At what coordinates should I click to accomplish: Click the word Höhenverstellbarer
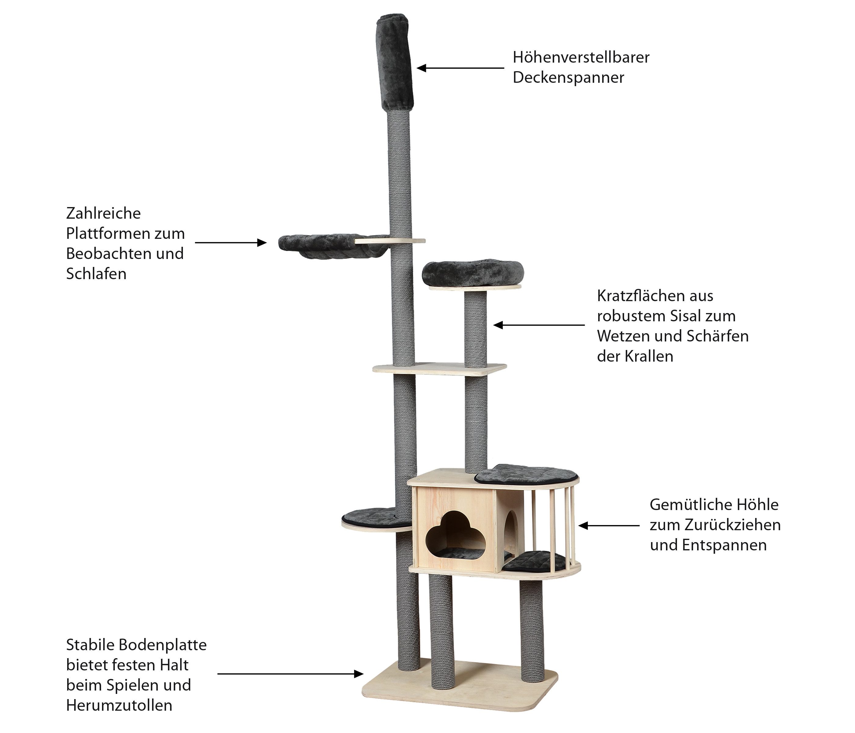pos(581,57)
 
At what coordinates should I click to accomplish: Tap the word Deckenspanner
pos(568,78)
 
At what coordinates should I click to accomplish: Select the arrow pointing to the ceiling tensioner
pos(460,68)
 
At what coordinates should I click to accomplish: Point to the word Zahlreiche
pos(103,213)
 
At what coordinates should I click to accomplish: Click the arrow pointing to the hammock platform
pos(231,243)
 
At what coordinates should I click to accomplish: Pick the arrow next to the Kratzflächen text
pos(539,325)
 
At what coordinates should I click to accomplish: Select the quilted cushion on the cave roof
pos(526,475)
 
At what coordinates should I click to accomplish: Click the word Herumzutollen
pos(119,705)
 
